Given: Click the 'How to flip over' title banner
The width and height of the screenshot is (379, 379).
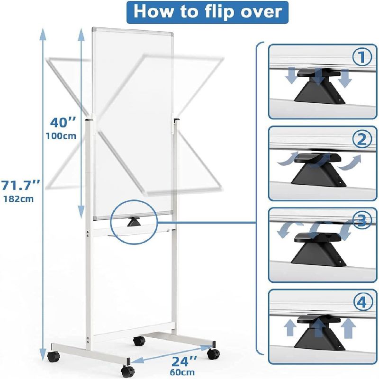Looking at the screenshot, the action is tap(207, 12).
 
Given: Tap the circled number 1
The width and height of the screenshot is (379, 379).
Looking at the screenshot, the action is tap(362, 57).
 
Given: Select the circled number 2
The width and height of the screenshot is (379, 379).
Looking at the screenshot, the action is tap(362, 139).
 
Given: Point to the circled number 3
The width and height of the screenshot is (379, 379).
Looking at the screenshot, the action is tap(362, 220).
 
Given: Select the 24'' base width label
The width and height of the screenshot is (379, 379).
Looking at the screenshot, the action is tap(184, 361).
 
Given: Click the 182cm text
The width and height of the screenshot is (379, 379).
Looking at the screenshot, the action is tap(18, 199).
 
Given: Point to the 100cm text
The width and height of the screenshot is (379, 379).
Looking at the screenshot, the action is tap(61, 136).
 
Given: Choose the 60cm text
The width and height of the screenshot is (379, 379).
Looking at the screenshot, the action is tap(182, 372).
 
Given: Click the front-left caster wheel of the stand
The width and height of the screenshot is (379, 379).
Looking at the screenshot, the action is tap(54, 357).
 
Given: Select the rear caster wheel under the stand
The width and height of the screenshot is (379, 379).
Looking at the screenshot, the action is tap(139, 341).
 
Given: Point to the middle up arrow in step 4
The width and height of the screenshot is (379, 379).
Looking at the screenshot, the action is tap(318, 327).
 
